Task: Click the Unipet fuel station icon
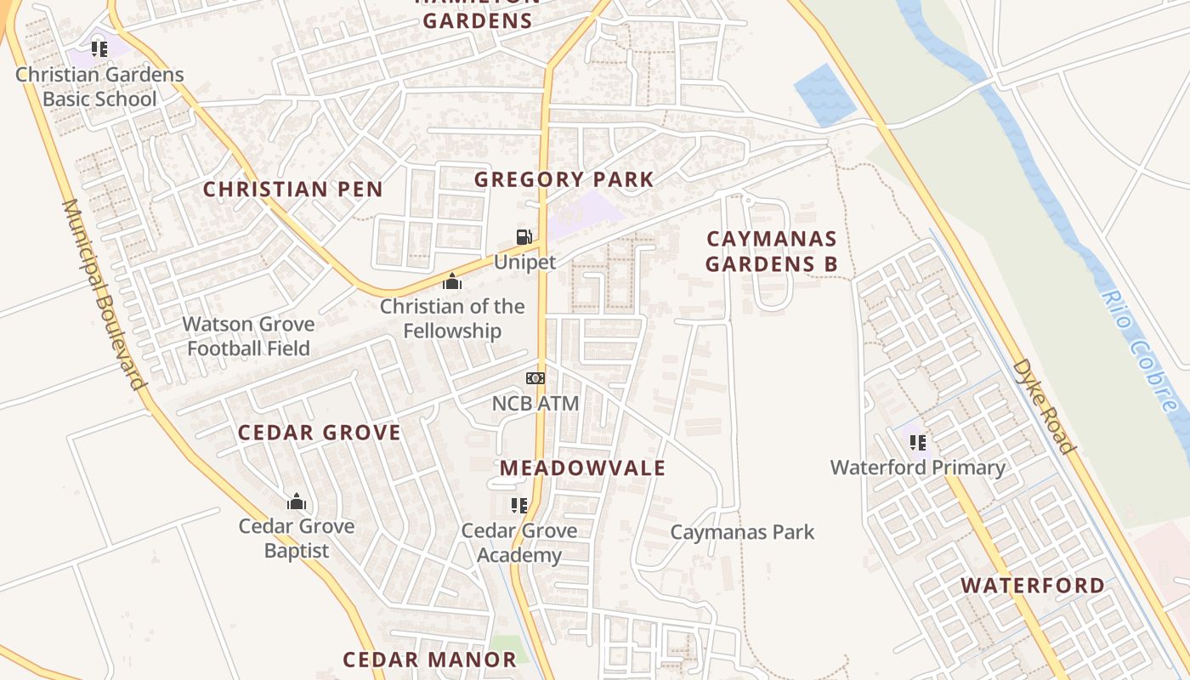pyautogui.click(x=524, y=237)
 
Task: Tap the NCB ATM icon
pyautogui.click(x=535, y=378)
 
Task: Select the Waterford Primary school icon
pyautogui.click(x=917, y=442)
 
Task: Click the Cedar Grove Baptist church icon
pyautogui.click(x=296, y=501)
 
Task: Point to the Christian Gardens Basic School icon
pyautogui.click(x=99, y=49)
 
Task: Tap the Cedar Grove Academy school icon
pyautogui.click(x=518, y=506)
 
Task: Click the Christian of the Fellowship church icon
pyautogui.click(x=451, y=281)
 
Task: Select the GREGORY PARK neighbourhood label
pyautogui.click(x=564, y=179)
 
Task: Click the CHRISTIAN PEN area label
pyautogui.click(x=292, y=189)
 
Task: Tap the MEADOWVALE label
pyautogui.click(x=582, y=467)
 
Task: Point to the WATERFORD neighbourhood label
pyautogui.click(x=1033, y=585)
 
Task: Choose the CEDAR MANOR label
pyautogui.click(x=429, y=659)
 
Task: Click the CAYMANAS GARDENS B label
pyautogui.click(x=771, y=251)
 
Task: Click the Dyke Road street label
pyautogui.click(x=1044, y=406)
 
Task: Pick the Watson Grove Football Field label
pyautogui.click(x=249, y=336)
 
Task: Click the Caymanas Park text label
pyautogui.click(x=742, y=532)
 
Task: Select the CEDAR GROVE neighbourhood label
pyautogui.click(x=319, y=433)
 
